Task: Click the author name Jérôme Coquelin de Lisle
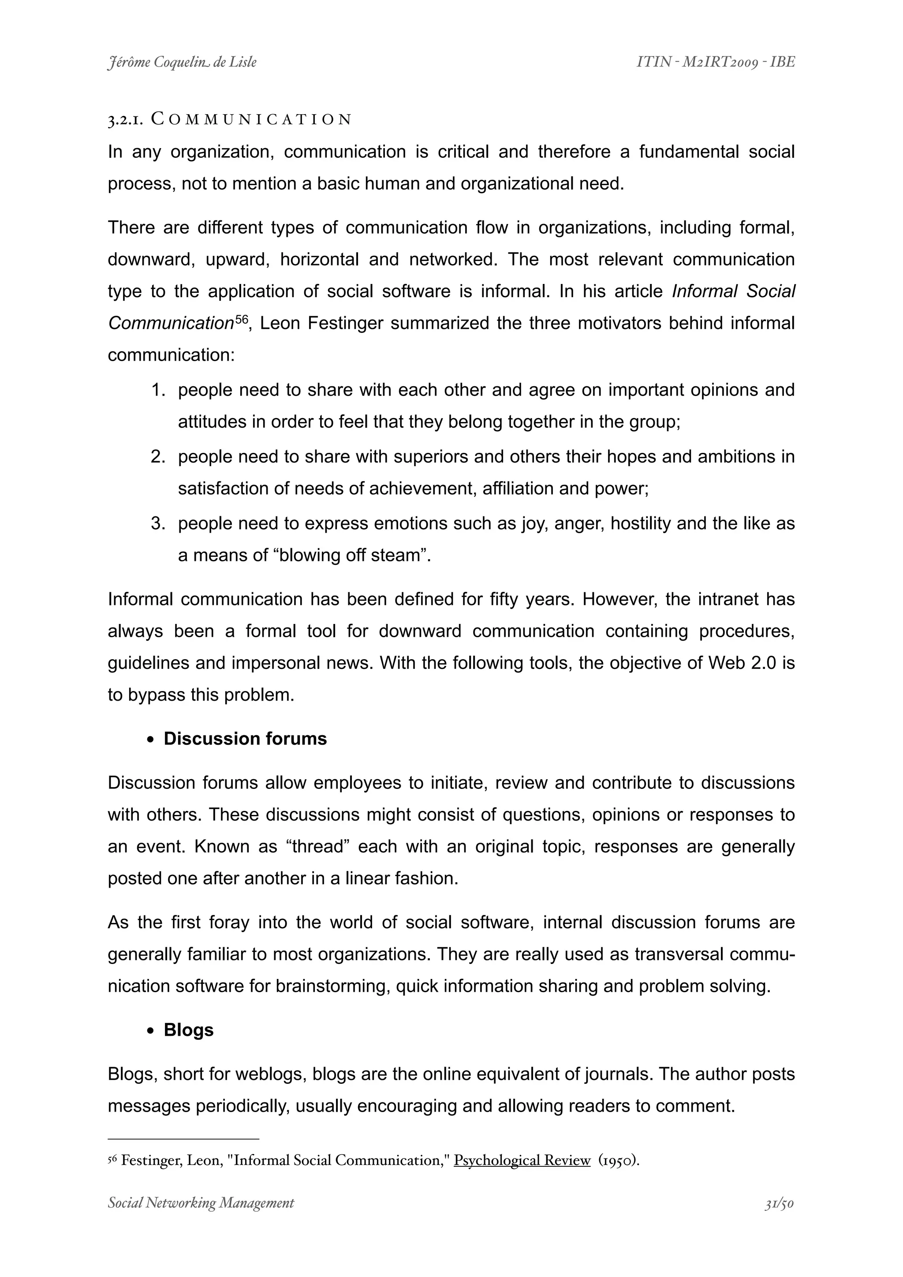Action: (x=182, y=62)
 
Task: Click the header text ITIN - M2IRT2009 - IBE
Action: (x=716, y=62)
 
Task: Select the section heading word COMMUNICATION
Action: (x=251, y=119)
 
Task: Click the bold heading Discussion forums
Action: (x=245, y=739)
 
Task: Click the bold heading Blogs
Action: (x=189, y=1030)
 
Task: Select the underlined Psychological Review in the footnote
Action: (x=522, y=1160)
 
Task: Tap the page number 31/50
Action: (x=779, y=1203)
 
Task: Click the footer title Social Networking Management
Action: (x=201, y=1203)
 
